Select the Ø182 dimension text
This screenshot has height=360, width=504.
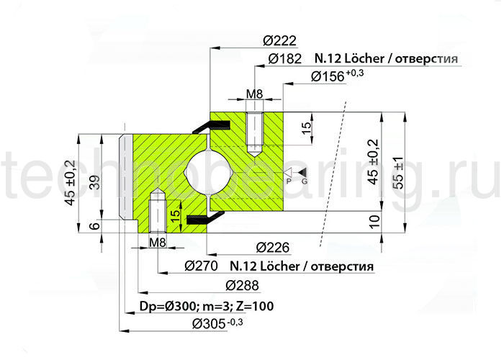tap(285, 59)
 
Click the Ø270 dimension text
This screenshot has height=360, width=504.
tap(202, 267)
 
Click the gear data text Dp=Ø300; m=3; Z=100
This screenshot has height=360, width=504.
tap(205, 306)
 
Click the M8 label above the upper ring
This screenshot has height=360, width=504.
tap(254, 94)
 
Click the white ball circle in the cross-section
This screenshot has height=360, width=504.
tap(209, 174)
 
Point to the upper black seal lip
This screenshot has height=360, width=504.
tap(211, 126)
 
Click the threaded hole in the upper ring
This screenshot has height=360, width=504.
tap(256, 133)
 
